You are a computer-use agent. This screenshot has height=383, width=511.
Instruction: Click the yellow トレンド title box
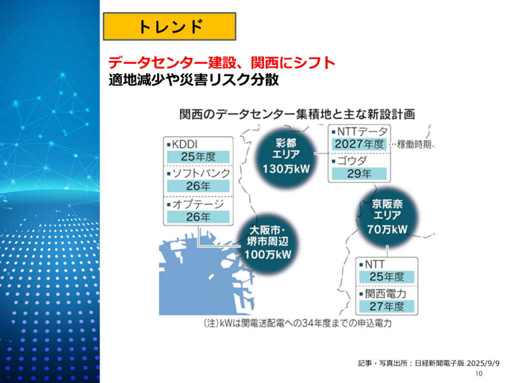[x=169, y=26]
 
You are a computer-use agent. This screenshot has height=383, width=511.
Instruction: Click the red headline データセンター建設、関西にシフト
[x=222, y=63]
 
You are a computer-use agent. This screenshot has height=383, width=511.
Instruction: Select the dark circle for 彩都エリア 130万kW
[x=286, y=156]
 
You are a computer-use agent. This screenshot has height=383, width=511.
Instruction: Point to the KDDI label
[x=184, y=144]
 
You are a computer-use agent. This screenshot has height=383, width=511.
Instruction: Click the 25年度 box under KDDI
[x=198, y=157]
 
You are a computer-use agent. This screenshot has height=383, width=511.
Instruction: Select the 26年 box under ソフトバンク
[x=198, y=187]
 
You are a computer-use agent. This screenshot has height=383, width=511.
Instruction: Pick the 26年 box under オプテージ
[x=198, y=217]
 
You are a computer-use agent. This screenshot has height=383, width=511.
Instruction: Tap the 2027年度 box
[x=359, y=144]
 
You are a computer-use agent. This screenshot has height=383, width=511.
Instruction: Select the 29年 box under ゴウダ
[x=359, y=174]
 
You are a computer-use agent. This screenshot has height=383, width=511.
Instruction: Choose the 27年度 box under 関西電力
[x=387, y=306]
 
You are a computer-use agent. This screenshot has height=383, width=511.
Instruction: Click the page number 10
[x=479, y=374]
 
